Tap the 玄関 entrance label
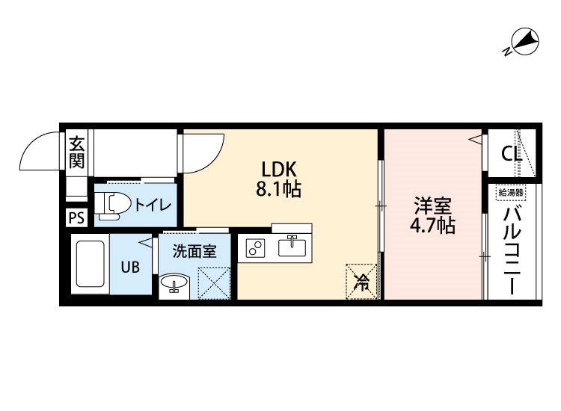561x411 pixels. pyautogui.click(x=77, y=152)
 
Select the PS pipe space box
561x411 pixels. pyautogui.click(x=76, y=217)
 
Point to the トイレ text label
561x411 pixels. pyautogui.click(x=153, y=205)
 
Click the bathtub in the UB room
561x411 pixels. pyautogui.click(x=90, y=264)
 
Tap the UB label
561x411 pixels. pyautogui.click(x=130, y=267)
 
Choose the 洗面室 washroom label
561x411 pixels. pyautogui.click(x=194, y=251)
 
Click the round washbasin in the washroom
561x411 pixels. pyautogui.click(x=174, y=283)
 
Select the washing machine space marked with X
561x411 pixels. pyautogui.click(x=214, y=283)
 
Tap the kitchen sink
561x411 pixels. pyautogui.click(x=292, y=247)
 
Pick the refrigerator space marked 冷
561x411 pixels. pyautogui.click(x=362, y=282)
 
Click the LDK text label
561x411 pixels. pyautogui.click(x=279, y=169)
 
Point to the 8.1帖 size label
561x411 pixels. pyautogui.click(x=278, y=189)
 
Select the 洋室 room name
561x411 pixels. pyautogui.click(x=432, y=205)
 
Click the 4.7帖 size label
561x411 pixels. pyautogui.click(x=432, y=226)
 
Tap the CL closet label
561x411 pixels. pyautogui.click(x=512, y=154)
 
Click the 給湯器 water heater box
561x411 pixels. pyautogui.click(x=511, y=193)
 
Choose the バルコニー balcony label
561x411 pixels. pyautogui.click(x=512, y=251)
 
